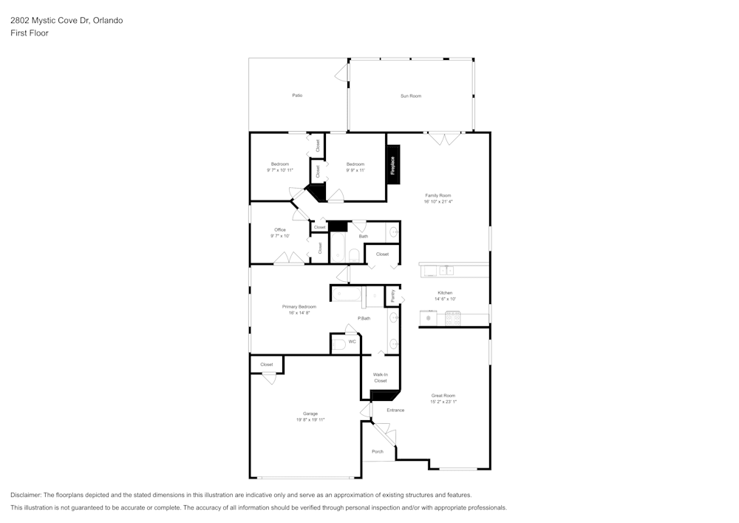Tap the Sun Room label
coord(411,96)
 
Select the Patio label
coord(297,95)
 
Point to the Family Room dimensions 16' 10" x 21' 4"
coord(438,201)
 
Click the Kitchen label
coord(445,293)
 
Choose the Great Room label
coord(443,396)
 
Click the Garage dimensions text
coord(310,419)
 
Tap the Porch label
coord(378,451)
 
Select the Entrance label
coord(395,410)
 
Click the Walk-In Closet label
coord(380,377)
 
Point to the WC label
coord(352,342)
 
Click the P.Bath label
coord(364,318)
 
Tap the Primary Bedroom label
coord(299,307)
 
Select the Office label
coord(280,229)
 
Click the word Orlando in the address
coord(108,21)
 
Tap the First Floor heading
coord(30,33)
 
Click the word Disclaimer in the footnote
coord(27,495)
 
